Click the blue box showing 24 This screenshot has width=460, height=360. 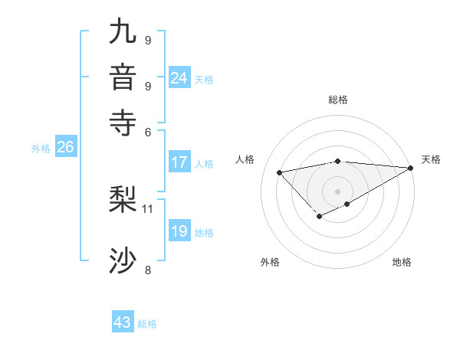pyautogui.click(x=179, y=78)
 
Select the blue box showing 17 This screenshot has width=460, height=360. pyautogui.click(x=179, y=162)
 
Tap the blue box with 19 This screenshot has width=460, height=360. pyautogui.click(x=179, y=231)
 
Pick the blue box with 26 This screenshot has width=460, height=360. pyautogui.click(x=65, y=147)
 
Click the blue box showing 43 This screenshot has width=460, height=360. pyautogui.click(x=123, y=322)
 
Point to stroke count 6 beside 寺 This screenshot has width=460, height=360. pyautogui.click(x=148, y=131)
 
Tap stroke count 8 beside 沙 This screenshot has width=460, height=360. pyautogui.click(x=148, y=269)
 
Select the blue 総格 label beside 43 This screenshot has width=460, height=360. pyautogui.click(x=147, y=324)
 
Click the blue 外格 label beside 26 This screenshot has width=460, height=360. pyautogui.click(x=40, y=149)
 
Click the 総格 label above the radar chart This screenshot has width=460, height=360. pyautogui.click(x=338, y=100)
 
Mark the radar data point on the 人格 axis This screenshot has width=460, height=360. pyautogui.click(x=279, y=172)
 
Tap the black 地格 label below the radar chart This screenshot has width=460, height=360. pyautogui.click(x=402, y=262)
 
